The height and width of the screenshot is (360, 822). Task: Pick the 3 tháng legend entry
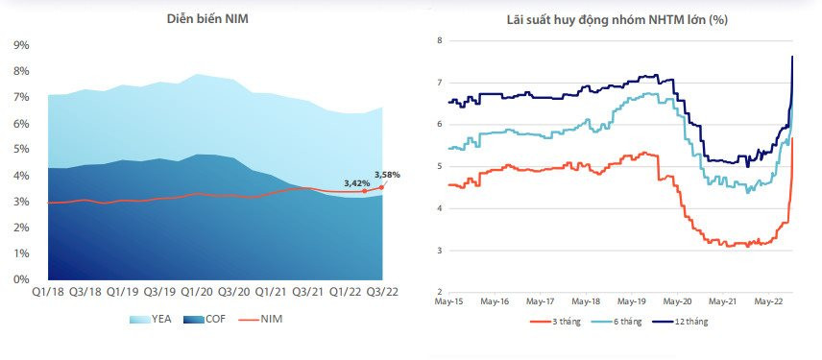(x=553, y=322)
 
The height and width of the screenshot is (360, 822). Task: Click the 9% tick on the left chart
(x=20, y=45)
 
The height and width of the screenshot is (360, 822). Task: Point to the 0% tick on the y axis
(x=20, y=279)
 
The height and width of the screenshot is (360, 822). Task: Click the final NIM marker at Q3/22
(x=381, y=187)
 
